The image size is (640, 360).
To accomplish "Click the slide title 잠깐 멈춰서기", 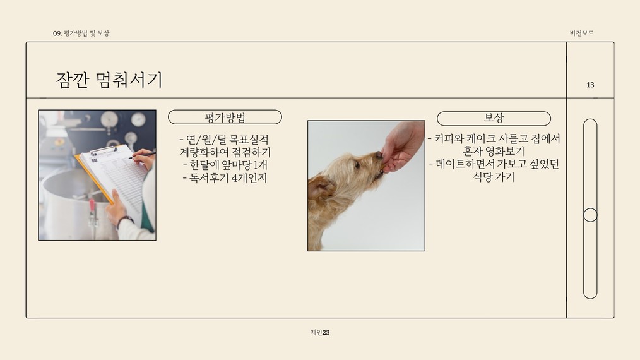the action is click(109, 80).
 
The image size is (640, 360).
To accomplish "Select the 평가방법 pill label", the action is click(225, 117).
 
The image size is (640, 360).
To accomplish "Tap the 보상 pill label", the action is click(494, 118).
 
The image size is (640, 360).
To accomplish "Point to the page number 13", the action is click(590, 85).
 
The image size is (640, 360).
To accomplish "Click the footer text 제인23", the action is click(320, 333).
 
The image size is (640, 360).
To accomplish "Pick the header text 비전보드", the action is click(582, 33).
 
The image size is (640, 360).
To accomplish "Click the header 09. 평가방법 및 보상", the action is click(81, 33).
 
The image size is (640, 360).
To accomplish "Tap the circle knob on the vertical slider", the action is click(590, 215).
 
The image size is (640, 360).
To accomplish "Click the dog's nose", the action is click(379, 155).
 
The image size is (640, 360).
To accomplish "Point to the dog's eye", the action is click(357, 165).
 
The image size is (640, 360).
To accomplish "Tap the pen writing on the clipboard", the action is click(142, 155).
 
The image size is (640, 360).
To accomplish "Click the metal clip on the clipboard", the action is click(104, 151).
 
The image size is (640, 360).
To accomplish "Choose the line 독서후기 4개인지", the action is click(225, 178).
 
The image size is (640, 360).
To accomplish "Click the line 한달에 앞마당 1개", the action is click(225, 165).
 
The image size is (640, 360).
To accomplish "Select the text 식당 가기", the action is click(494, 177).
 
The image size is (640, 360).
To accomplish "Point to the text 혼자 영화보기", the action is click(494, 151).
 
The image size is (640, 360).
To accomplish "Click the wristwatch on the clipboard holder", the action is click(125, 221).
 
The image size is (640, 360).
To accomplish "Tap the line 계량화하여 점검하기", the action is click(225, 152).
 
